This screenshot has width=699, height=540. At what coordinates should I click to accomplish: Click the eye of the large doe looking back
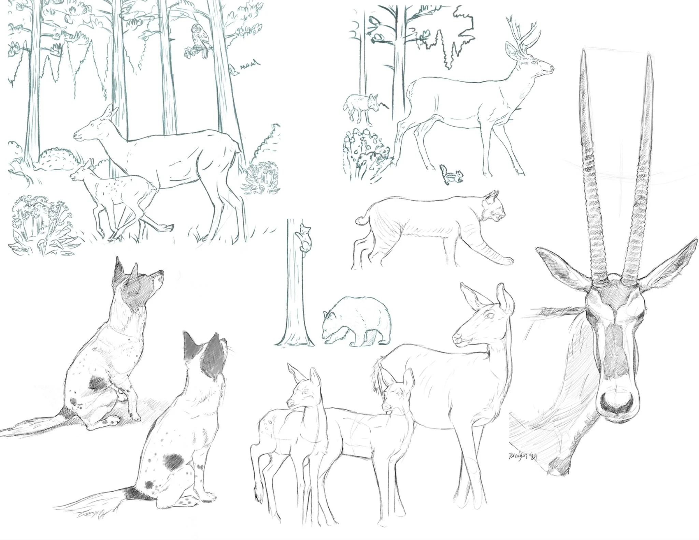(489, 316)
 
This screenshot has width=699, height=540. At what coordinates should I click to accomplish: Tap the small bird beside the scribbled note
(233, 69)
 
